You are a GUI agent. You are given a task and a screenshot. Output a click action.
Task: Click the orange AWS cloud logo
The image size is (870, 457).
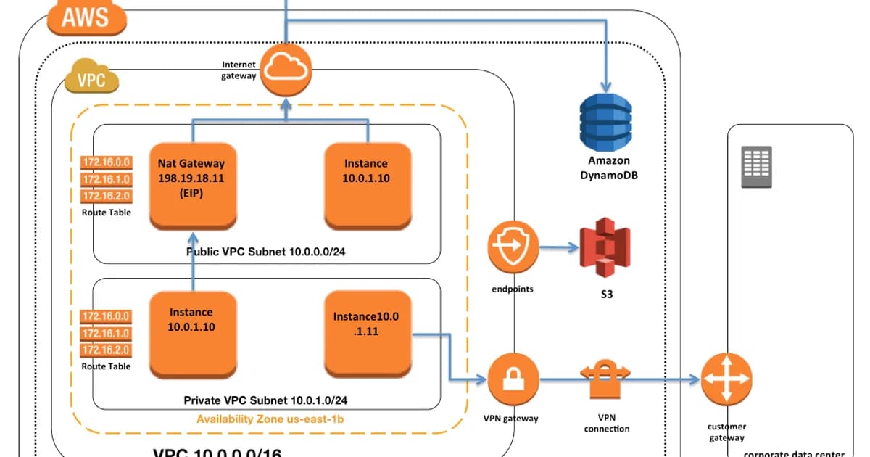[x=86, y=17]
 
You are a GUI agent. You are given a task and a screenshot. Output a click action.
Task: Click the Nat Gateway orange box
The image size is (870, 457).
[x=192, y=186]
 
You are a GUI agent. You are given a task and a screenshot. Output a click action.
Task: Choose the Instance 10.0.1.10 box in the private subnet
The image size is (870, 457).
[x=192, y=333]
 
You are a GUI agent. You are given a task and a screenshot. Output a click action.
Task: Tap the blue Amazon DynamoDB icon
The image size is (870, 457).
[x=606, y=116]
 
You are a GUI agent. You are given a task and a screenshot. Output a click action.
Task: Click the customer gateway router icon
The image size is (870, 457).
[x=726, y=379]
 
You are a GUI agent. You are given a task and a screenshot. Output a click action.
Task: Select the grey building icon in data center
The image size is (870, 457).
[x=756, y=167]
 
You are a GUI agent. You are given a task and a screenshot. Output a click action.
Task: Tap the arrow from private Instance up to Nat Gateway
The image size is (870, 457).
[x=192, y=261]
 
